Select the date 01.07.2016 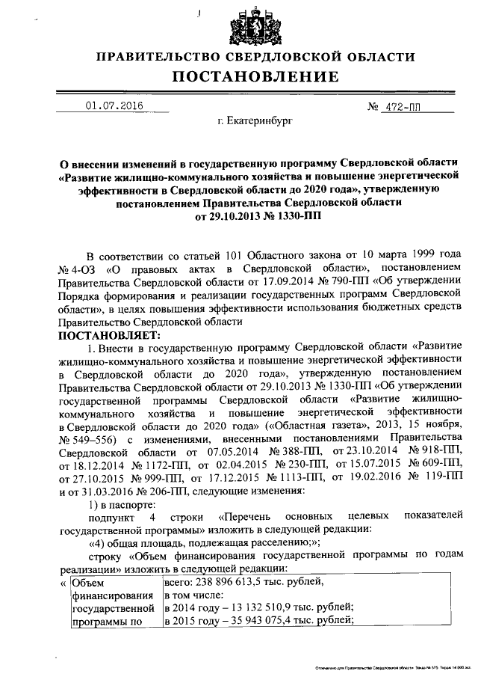(x=114, y=106)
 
